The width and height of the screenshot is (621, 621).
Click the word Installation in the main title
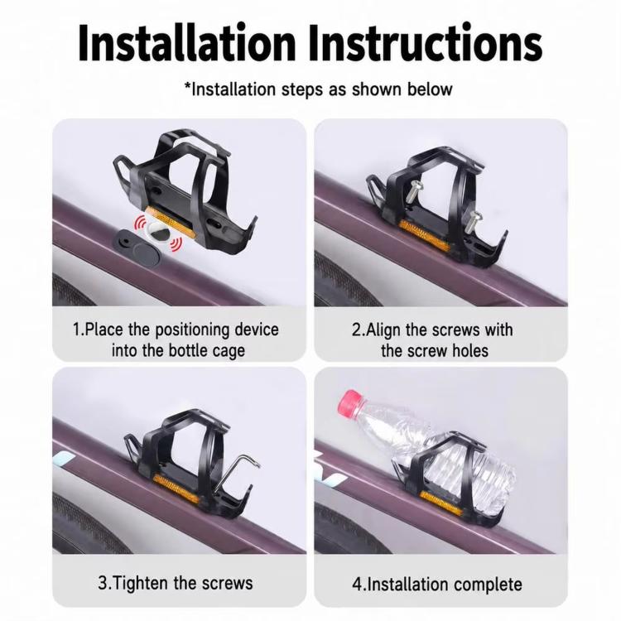point(186,43)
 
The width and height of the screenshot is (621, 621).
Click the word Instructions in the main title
point(426,43)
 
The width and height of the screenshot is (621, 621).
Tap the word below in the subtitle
point(430,89)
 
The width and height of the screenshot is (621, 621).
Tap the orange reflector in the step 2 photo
point(425,236)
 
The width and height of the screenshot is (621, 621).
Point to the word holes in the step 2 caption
point(471,351)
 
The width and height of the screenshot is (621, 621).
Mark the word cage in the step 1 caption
point(229,352)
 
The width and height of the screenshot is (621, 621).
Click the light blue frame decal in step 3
point(63,460)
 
